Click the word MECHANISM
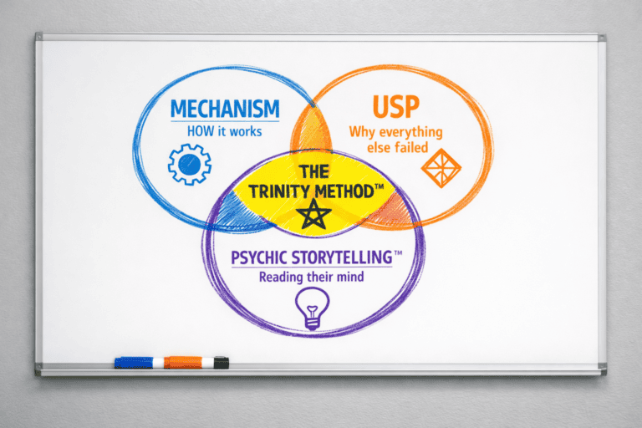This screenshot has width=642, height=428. point(224,110)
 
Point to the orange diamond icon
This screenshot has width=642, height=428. point(441,170)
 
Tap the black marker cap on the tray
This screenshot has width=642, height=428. point(222,362)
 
